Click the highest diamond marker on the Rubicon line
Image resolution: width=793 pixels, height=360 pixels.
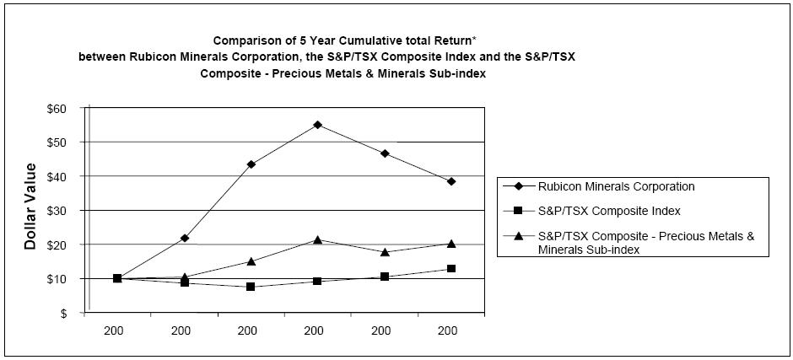click(x=317, y=125)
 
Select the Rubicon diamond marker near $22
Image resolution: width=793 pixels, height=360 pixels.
click(x=185, y=238)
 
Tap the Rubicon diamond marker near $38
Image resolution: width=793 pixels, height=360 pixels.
click(x=451, y=181)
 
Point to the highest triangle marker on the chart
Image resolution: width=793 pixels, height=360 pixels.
click(x=317, y=239)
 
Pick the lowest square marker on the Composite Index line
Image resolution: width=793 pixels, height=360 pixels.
click(x=251, y=287)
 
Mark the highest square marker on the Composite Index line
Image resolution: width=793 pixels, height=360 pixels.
click(x=451, y=269)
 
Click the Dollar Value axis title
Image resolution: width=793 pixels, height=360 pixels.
click(x=30, y=206)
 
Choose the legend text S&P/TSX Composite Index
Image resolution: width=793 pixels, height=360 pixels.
click(x=609, y=210)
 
